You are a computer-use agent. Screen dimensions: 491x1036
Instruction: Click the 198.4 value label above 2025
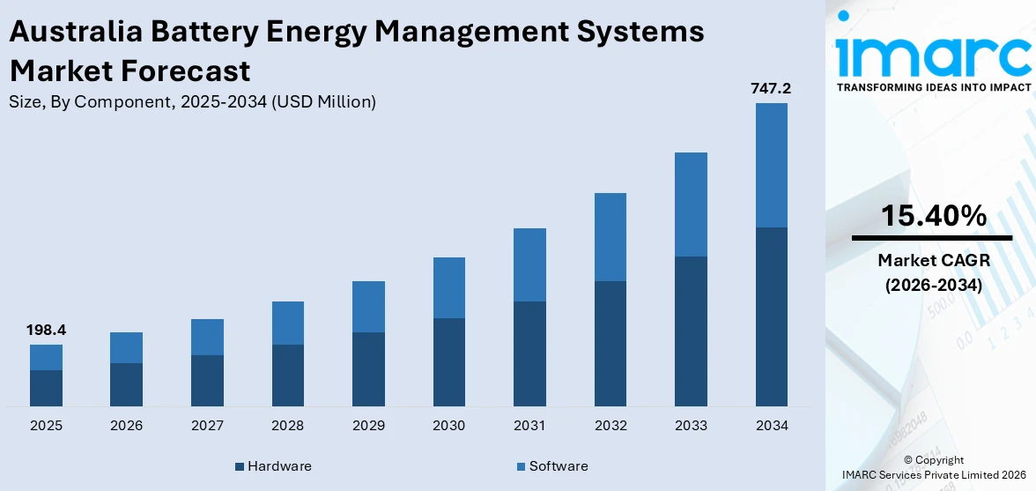tap(47, 330)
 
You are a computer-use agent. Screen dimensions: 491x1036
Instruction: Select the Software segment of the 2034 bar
tap(771, 165)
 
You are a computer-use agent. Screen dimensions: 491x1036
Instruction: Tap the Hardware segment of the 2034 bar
tap(771, 316)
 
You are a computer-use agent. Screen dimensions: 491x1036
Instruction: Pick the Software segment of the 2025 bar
tap(47, 357)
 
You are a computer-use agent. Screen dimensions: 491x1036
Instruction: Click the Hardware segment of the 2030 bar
tap(449, 361)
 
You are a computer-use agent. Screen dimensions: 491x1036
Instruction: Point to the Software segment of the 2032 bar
tap(610, 237)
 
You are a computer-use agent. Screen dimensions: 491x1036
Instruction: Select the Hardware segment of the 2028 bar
tap(288, 375)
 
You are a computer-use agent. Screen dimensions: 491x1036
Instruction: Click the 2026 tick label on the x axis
tap(127, 426)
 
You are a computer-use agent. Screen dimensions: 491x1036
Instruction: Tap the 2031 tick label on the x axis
tap(529, 426)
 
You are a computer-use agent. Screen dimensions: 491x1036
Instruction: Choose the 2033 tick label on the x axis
tap(691, 426)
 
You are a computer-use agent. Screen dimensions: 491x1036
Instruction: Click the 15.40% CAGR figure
tap(932, 215)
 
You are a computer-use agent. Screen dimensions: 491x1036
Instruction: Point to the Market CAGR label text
tap(932, 260)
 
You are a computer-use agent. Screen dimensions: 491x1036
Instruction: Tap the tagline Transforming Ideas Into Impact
tap(932, 87)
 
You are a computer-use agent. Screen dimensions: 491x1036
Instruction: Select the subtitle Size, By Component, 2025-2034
tap(192, 101)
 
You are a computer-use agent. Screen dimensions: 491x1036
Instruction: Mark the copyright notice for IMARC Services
tap(932, 467)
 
